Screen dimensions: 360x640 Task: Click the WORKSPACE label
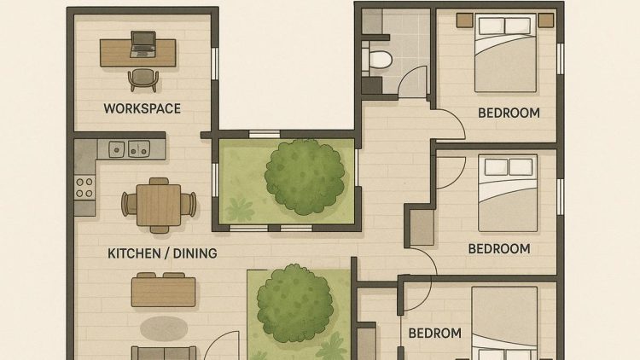(x=143, y=108)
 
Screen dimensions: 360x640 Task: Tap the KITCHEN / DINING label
(x=162, y=253)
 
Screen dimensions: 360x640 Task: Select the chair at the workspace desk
(x=143, y=79)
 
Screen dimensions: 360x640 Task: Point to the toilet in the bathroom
(x=381, y=59)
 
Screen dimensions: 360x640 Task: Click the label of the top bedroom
(x=509, y=113)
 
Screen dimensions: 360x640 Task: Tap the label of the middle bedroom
(x=499, y=249)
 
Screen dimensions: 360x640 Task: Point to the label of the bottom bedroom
(x=434, y=334)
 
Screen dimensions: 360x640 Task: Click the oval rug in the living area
(x=164, y=327)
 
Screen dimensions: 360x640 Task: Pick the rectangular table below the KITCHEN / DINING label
(x=164, y=291)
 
